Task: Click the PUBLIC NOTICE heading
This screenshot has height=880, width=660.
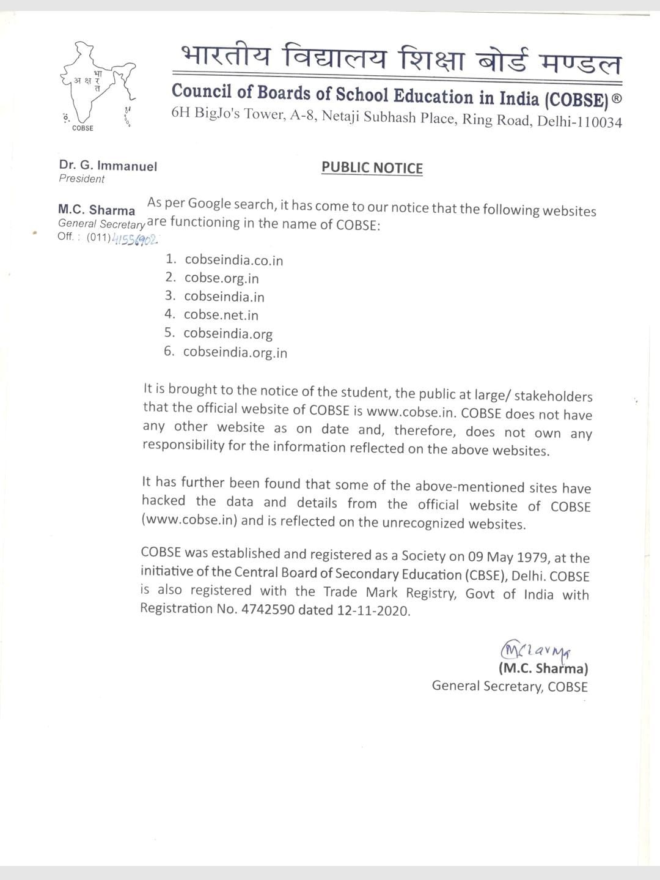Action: point(372,168)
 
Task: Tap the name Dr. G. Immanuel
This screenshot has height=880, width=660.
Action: point(108,166)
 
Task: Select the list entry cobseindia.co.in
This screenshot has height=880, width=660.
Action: point(233,261)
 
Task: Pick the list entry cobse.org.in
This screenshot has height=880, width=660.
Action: point(221,278)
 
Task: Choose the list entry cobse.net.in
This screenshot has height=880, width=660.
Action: point(221,315)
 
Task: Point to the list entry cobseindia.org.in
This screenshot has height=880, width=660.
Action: point(235,352)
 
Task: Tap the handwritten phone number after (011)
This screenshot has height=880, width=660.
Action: point(135,238)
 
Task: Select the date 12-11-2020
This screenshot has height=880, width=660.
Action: point(373,610)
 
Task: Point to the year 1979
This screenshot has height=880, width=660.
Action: point(533,557)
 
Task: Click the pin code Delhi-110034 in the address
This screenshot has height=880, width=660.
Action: point(579,121)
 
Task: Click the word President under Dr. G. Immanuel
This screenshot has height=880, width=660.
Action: point(82,179)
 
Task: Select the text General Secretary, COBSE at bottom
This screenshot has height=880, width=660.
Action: point(510,686)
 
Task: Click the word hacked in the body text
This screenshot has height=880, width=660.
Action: point(163,501)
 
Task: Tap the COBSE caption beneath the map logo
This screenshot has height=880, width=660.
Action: point(82,128)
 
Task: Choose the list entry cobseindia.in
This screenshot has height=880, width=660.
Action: point(224,297)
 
